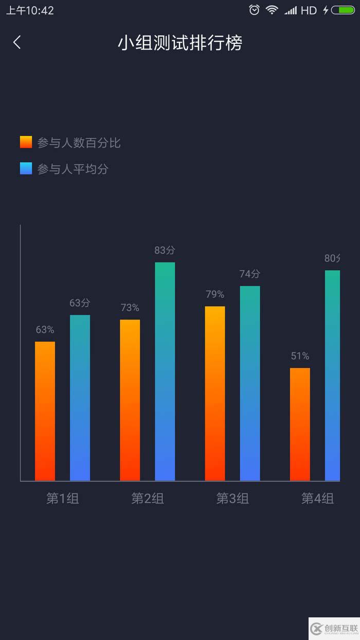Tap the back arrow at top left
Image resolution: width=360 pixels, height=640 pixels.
17,42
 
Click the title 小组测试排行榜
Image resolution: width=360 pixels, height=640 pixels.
179,43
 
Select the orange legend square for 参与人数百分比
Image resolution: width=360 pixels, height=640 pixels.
26,143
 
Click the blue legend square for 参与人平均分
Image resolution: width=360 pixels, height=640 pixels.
26,169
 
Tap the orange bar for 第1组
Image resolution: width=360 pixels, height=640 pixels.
45,411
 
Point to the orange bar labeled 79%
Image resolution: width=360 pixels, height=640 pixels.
215,394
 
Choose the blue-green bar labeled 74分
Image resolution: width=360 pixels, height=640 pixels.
250,383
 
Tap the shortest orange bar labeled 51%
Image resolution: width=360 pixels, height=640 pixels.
300,424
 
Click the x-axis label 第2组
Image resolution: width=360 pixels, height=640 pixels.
148,499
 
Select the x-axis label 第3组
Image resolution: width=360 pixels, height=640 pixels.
232,499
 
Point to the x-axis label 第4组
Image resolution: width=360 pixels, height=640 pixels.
317,499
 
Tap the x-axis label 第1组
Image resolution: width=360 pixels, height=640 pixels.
63,499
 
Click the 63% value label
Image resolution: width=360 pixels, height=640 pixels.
45,330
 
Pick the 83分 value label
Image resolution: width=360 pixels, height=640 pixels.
165,251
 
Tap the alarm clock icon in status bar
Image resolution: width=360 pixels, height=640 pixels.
254,10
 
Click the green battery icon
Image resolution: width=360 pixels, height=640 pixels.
343,10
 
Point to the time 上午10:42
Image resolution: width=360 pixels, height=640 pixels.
30,10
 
